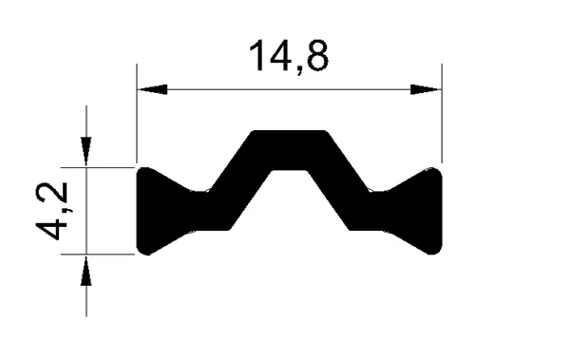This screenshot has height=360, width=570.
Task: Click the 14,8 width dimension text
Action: (289, 57)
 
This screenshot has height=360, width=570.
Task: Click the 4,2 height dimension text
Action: (51, 211)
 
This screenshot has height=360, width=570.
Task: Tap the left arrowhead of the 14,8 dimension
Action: (152, 89)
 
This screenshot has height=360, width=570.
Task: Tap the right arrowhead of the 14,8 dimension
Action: (426, 89)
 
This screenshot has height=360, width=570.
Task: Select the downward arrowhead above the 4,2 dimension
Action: (86, 152)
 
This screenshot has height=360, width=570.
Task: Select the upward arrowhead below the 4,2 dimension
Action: (86, 271)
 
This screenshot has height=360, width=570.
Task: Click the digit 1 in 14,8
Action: (258, 55)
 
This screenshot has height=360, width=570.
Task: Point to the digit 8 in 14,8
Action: (317, 55)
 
